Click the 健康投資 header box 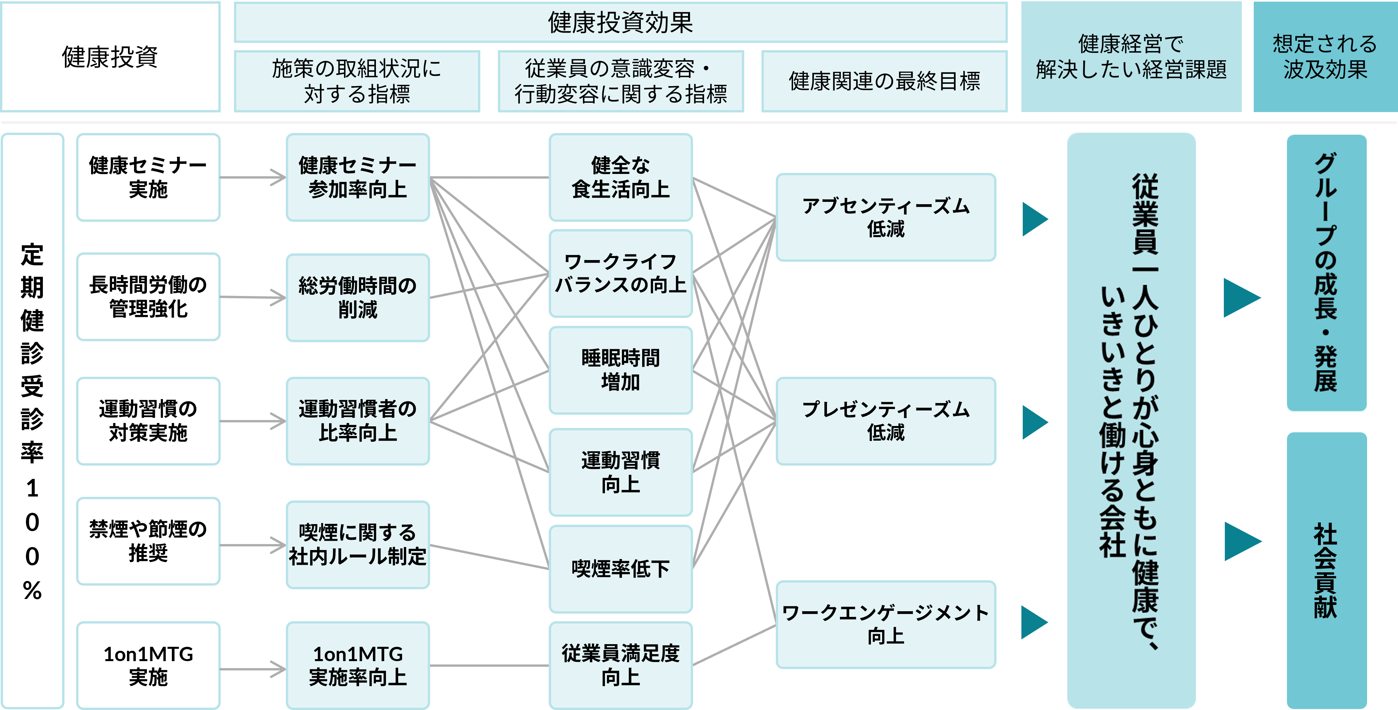(110, 57)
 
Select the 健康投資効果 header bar (620, 22)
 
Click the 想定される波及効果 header (1325, 57)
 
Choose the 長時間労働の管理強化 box (148, 297)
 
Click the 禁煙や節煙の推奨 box (148, 541)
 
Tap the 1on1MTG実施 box (148, 665)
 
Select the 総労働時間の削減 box (358, 297)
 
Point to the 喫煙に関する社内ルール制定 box (358, 544)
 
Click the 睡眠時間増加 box (620, 370)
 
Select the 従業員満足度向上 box (620, 665)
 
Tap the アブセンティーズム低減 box (886, 217)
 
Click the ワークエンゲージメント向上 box (886, 624)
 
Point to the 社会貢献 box (1326, 570)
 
